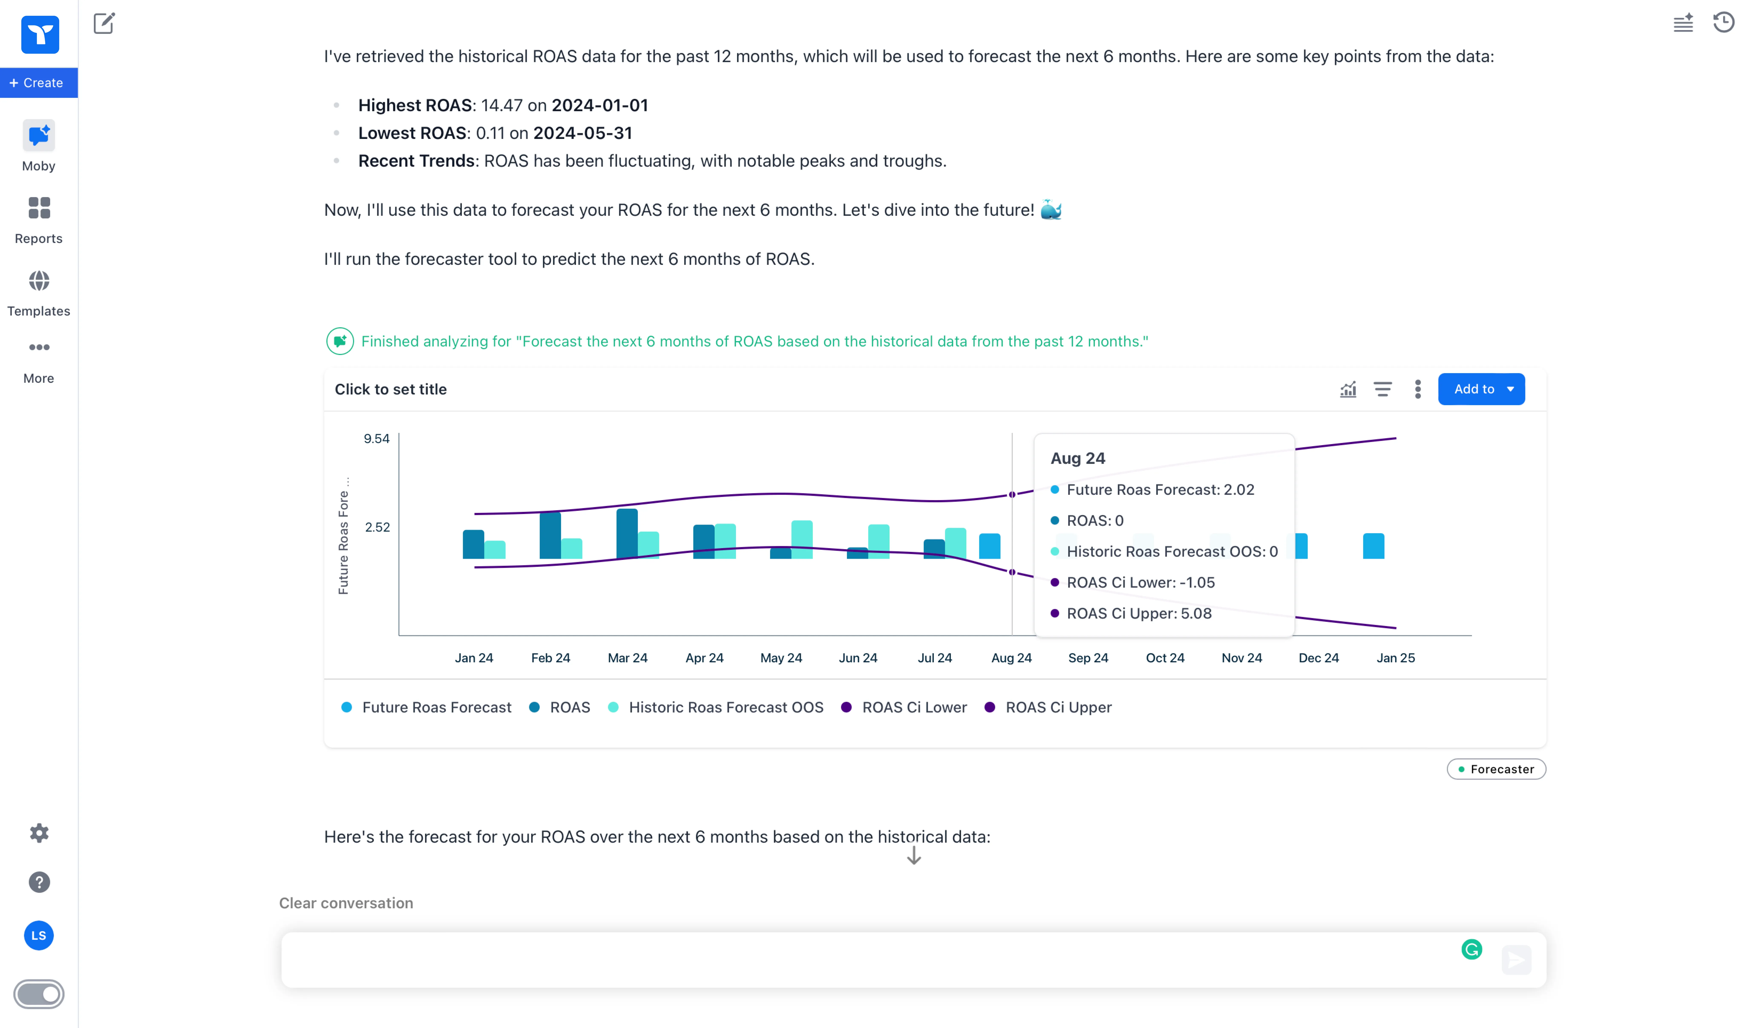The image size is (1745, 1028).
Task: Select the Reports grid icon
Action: (x=39, y=208)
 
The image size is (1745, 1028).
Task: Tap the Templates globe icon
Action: (x=39, y=281)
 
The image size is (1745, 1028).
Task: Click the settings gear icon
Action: (x=39, y=833)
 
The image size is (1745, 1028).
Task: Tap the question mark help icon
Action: (x=39, y=882)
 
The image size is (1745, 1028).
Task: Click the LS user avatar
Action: (x=39, y=935)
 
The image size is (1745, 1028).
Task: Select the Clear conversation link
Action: (x=346, y=903)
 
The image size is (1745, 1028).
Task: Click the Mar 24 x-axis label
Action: (x=627, y=657)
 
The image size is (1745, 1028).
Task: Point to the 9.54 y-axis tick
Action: (x=377, y=439)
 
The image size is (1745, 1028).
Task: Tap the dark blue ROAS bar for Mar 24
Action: (x=627, y=533)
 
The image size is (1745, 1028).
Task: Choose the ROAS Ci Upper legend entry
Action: (x=1058, y=707)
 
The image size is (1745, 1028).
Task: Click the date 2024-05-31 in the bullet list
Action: (x=582, y=133)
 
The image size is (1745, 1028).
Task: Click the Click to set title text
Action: (x=390, y=389)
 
